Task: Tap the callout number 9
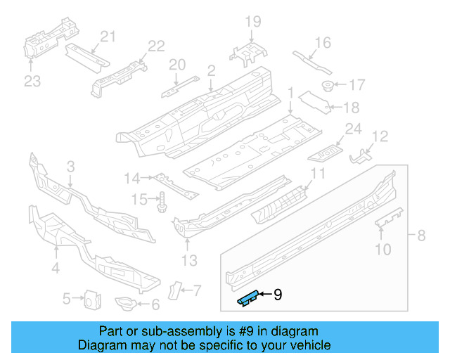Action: [x=277, y=295]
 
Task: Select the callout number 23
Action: [x=33, y=82]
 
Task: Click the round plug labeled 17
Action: [x=327, y=86]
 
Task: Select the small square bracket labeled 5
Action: [x=90, y=300]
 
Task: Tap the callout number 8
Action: [x=421, y=236]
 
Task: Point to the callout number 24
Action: [x=352, y=129]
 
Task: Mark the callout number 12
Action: [x=380, y=136]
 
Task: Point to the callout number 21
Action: [x=108, y=37]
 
